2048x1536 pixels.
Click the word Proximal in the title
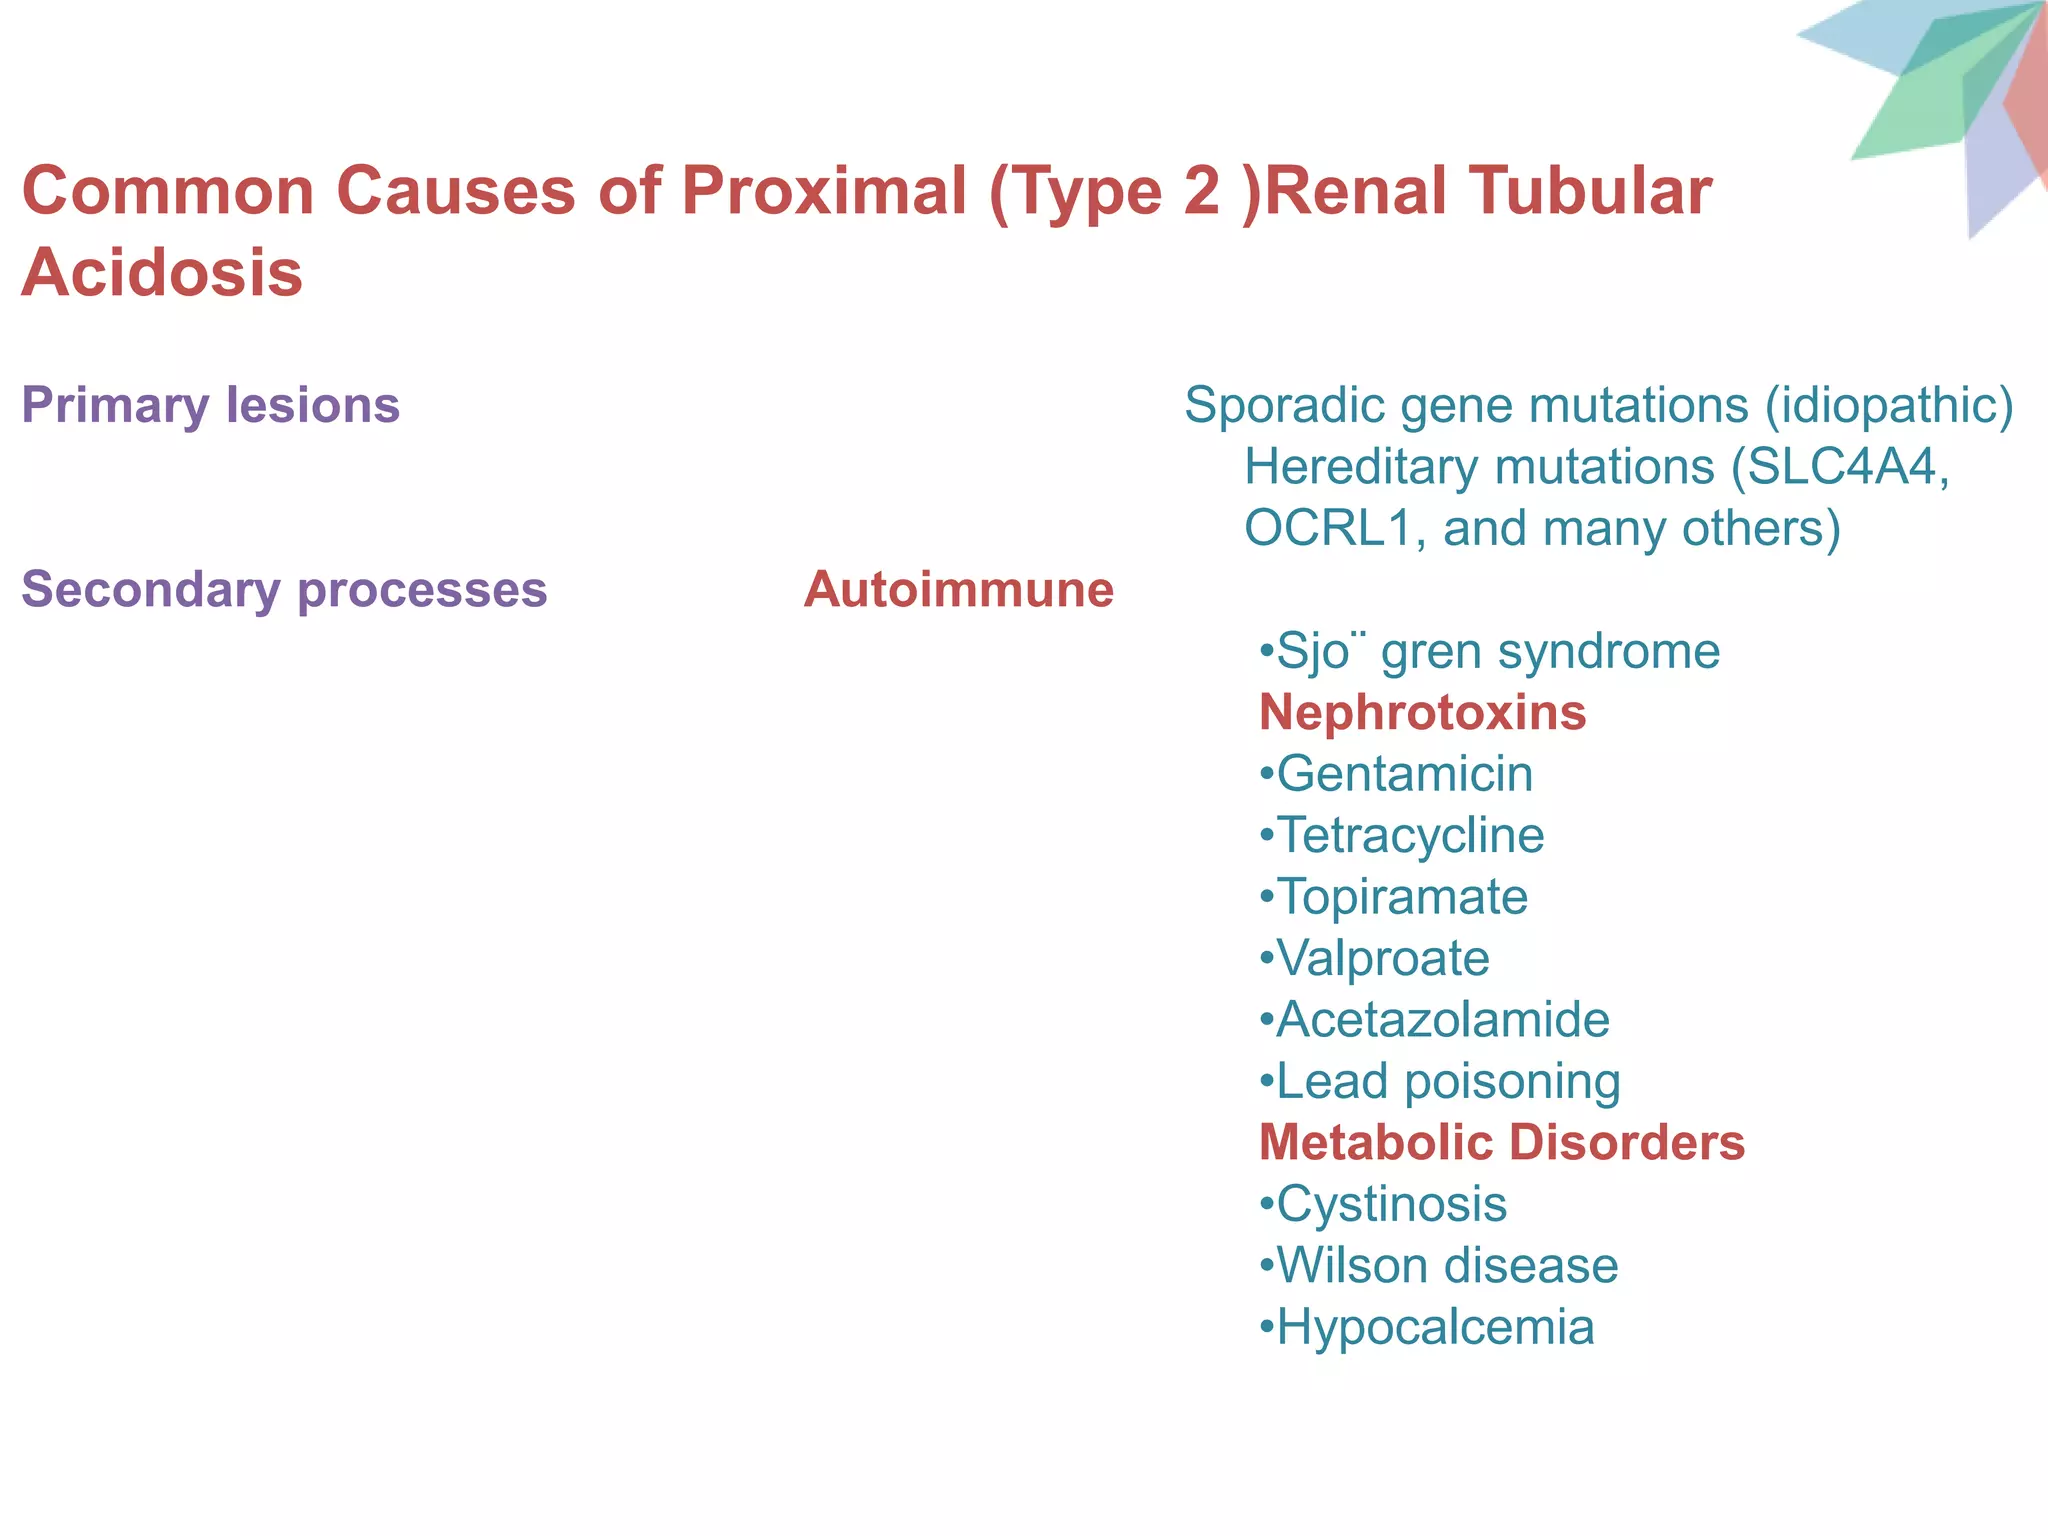(x=823, y=190)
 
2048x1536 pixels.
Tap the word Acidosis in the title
(x=162, y=272)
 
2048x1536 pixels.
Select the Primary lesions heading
(x=210, y=405)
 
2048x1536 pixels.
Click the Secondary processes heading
(x=284, y=589)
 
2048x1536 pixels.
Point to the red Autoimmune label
(x=958, y=589)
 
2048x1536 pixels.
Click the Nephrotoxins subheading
(x=1422, y=713)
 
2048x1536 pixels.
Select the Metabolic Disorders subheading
(x=1501, y=1142)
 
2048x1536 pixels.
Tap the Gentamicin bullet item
(x=1403, y=774)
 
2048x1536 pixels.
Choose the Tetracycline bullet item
(x=1409, y=835)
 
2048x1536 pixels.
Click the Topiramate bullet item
(x=1401, y=897)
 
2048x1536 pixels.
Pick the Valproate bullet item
(x=1382, y=958)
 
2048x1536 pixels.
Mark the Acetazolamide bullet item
(x=1442, y=1020)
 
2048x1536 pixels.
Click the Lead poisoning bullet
(x=1447, y=1081)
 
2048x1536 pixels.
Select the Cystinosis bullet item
(x=1390, y=1204)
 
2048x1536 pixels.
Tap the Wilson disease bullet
(x=1446, y=1266)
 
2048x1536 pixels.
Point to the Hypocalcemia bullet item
(x=1434, y=1327)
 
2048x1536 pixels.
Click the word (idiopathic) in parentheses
(x=1888, y=405)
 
